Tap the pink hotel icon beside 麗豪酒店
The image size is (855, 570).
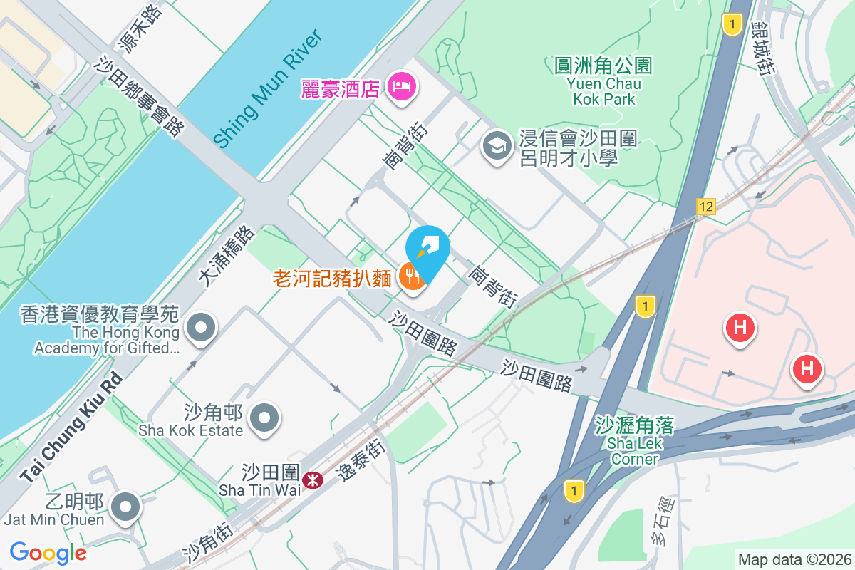(x=402, y=88)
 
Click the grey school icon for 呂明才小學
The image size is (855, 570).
(x=494, y=147)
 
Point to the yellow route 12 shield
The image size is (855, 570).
(x=705, y=207)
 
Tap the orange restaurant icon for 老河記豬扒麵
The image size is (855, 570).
(x=411, y=276)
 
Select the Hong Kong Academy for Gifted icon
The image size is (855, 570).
(x=200, y=328)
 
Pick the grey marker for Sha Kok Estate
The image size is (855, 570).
(x=266, y=417)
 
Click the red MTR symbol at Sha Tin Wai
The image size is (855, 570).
(x=312, y=480)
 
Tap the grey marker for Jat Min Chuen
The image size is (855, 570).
(x=126, y=507)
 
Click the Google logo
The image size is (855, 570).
(x=48, y=552)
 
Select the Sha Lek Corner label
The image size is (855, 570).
(x=635, y=442)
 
